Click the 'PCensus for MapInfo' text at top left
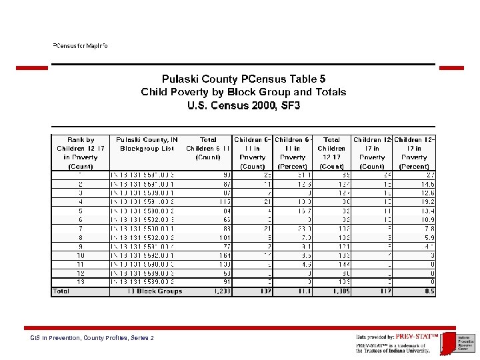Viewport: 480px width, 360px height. (x=80, y=46)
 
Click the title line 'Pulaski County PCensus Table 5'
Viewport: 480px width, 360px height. (x=243, y=79)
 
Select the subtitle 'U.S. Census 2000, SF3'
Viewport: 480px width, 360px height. (x=243, y=105)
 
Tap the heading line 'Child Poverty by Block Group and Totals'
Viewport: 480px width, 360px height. (x=243, y=92)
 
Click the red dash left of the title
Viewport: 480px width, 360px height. (x=32, y=67)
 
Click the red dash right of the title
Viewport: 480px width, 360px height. (x=451, y=67)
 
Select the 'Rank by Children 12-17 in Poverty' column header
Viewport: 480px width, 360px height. (x=81, y=153)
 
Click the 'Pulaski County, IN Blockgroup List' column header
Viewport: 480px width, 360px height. (x=147, y=144)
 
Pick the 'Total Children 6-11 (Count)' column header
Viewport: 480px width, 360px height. (x=208, y=148)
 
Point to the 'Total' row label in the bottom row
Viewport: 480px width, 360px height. (x=61, y=291)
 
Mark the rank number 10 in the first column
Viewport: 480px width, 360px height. (x=81, y=255)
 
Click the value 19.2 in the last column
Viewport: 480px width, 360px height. (x=427, y=201)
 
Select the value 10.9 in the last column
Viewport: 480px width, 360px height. (x=427, y=219)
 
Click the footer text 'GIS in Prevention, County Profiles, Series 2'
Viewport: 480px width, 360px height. (x=92, y=338)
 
